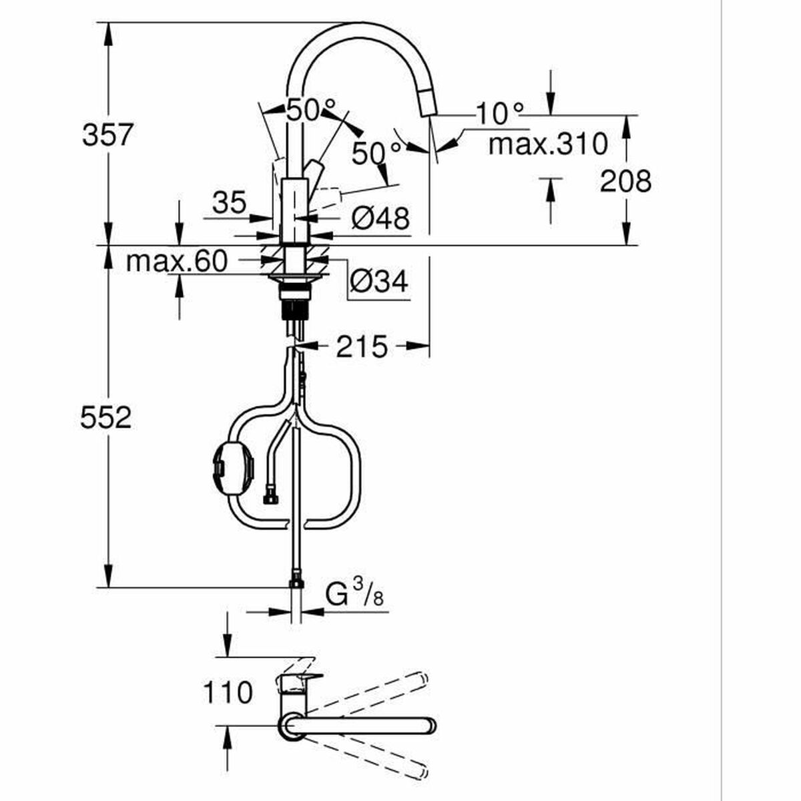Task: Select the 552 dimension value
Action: (x=106, y=419)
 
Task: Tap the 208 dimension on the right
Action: (x=625, y=180)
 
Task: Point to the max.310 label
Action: (x=547, y=144)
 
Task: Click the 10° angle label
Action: (x=500, y=114)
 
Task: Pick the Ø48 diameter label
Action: (x=379, y=218)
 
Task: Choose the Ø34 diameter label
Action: (x=378, y=282)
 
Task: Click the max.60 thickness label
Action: (x=176, y=261)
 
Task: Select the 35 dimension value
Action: (x=230, y=202)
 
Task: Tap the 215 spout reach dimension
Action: (x=361, y=346)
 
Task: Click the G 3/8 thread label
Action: (x=354, y=593)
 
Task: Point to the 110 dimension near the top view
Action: (x=227, y=692)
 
